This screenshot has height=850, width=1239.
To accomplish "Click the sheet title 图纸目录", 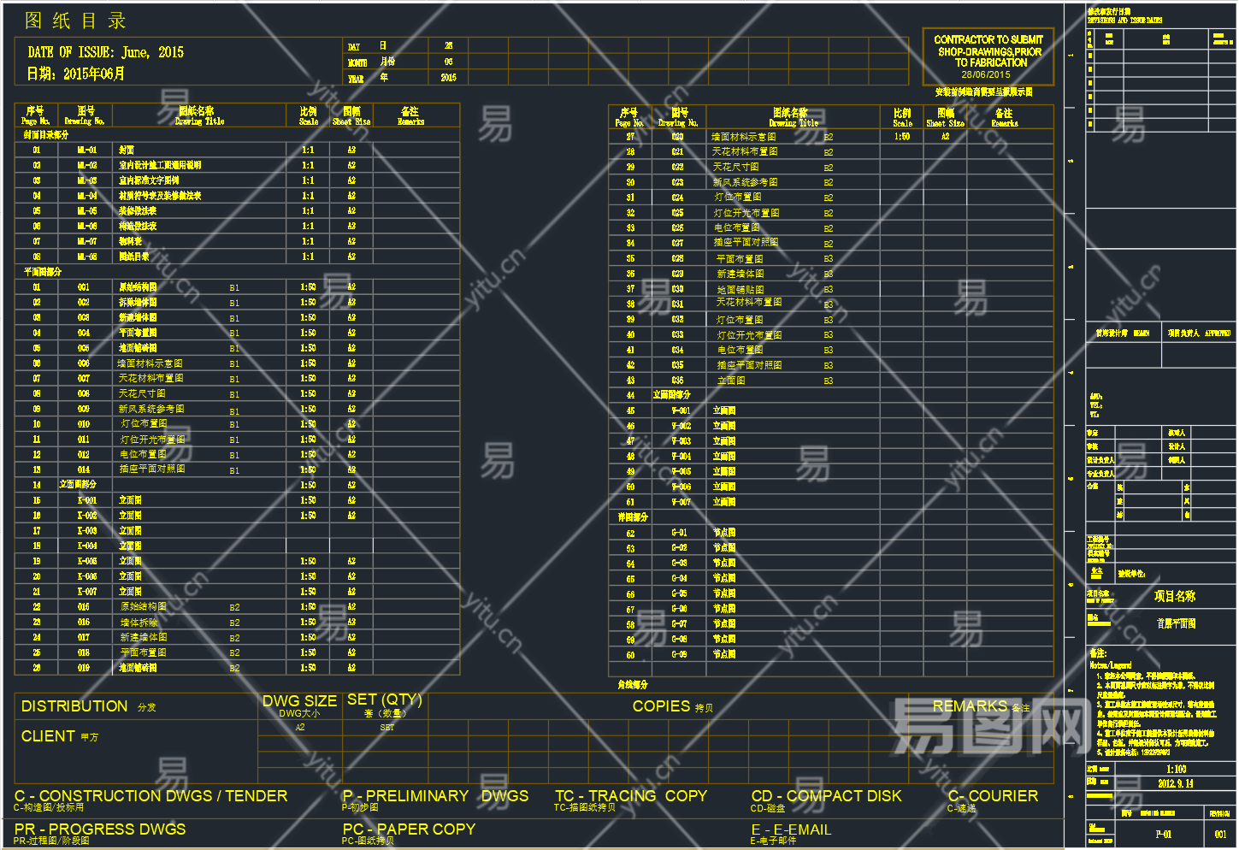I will click(75, 21).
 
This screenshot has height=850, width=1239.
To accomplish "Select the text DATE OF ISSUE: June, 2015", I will click(105, 52).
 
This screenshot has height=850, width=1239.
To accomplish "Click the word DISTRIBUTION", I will click(74, 706).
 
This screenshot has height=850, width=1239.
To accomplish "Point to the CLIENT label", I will click(48, 736).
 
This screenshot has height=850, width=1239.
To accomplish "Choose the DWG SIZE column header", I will click(299, 701).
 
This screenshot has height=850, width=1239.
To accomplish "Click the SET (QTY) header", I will click(385, 699).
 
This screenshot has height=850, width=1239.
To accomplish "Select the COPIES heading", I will click(661, 706).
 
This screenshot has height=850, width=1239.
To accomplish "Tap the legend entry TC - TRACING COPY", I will click(631, 796).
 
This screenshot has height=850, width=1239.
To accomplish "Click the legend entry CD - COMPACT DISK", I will click(826, 796).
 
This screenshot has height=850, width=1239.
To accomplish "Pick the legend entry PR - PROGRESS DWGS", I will click(100, 829).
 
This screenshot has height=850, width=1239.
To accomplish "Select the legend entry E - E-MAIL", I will click(791, 829).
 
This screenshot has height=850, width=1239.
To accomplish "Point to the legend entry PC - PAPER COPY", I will click(409, 829).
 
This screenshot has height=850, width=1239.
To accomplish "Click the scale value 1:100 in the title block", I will click(1177, 770).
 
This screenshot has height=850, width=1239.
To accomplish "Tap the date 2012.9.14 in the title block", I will click(1176, 783).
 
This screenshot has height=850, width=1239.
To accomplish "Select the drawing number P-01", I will click(1164, 834).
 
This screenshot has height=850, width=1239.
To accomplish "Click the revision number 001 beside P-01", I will click(1220, 834).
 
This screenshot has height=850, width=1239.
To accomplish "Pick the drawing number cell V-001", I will click(681, 410).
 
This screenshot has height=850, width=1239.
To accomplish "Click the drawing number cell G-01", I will click(680, 533).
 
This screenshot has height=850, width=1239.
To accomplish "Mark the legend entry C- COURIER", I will click(993, 796).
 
